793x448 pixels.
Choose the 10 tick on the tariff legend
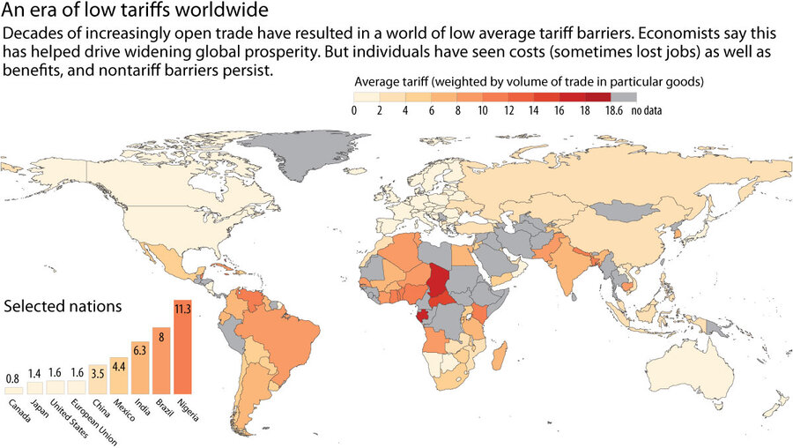point(483,110)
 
